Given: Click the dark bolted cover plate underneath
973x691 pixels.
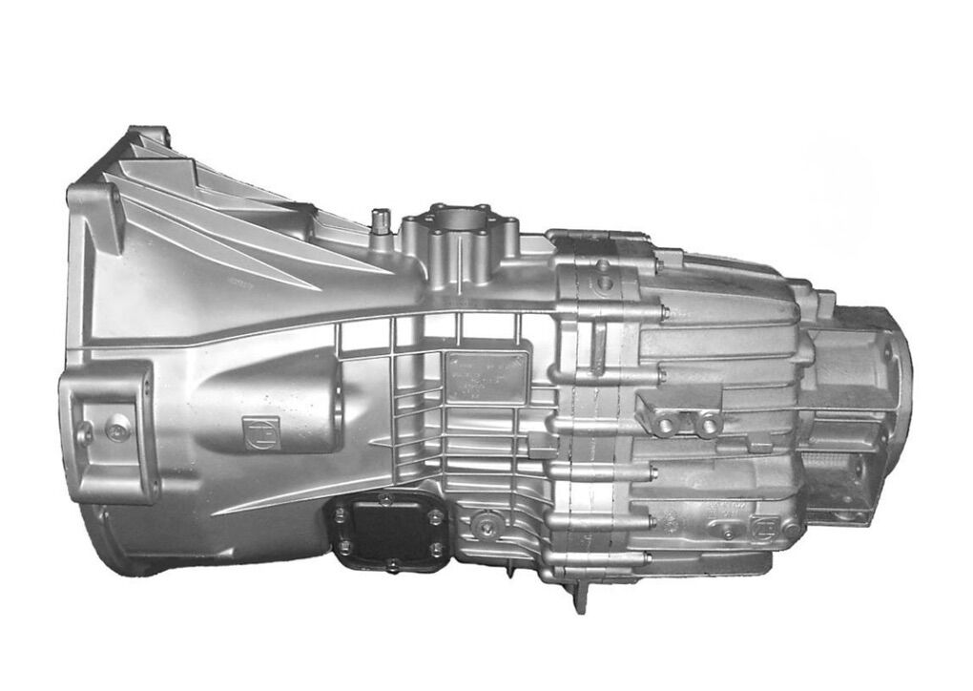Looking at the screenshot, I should (x=389, y=534).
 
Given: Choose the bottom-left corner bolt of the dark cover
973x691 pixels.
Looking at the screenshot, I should (x=345, y=548).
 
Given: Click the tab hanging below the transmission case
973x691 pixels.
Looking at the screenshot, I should (x=579, y=597).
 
